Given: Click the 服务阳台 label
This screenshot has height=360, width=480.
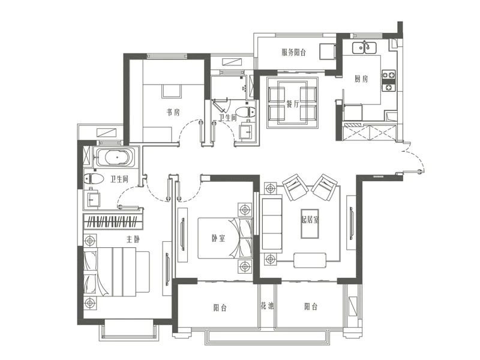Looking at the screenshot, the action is [x=293, y=52].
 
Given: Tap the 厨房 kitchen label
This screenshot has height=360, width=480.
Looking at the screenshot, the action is [x=361, y=79].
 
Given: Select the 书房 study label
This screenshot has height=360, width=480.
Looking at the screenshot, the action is [x=173, y=112].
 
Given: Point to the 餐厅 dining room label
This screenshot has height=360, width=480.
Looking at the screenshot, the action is [x=293, y=104].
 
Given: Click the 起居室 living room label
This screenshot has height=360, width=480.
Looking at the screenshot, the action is [x=310, y=220].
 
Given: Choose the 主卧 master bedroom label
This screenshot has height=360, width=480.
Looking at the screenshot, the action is [x=133, y=239].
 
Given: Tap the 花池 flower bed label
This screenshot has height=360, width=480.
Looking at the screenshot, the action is [x=267, y=305].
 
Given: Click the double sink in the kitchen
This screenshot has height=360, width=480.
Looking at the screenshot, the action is [x=364, y=47].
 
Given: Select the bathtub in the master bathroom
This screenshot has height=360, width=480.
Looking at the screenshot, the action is [x=115, y=158].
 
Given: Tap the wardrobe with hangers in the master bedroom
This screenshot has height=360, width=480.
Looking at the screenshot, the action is [x=113, y=221].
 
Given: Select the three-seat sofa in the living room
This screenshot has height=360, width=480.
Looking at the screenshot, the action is [x=272, y=226].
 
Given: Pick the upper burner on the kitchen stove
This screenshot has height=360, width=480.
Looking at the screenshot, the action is [x=388, y=74].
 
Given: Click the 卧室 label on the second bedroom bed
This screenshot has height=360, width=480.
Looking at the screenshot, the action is [x=218, y=238].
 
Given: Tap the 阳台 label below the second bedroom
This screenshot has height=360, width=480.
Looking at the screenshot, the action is [x=220, y=307].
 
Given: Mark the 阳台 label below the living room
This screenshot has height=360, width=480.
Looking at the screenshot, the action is [x=311, y=307].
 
